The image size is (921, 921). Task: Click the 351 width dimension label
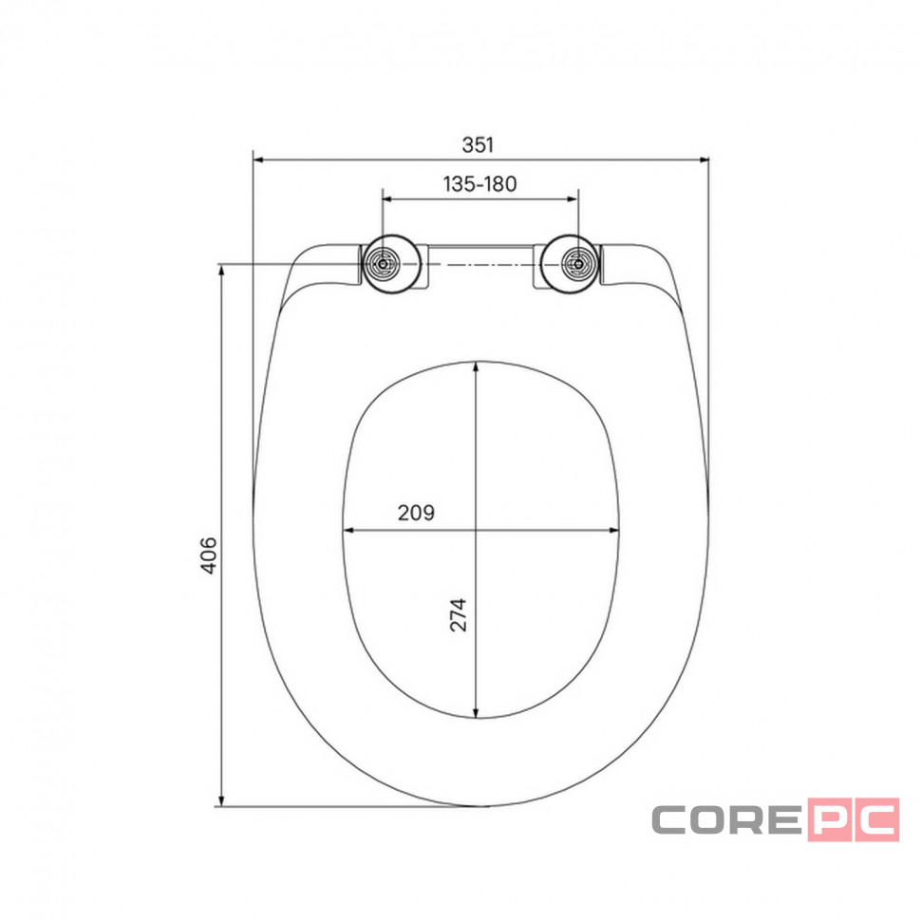[478, 144]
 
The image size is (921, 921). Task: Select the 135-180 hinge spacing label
[479, 184]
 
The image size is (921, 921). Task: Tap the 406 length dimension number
[209, 555]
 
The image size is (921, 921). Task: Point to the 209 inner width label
[416, 513]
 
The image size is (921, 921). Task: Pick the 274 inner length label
[459, 615]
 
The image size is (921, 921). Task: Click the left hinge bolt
[383, 264]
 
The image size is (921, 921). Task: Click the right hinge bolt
[578, 264]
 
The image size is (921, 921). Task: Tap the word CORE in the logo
[727, 819]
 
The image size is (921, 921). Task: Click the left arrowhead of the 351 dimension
[257, 160]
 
